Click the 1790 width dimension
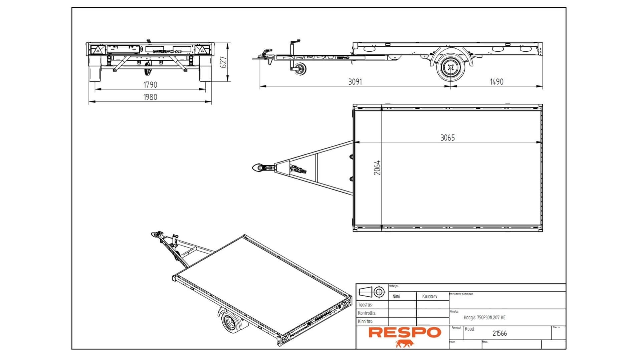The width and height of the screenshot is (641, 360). pyautogui.click(x=150, y=85)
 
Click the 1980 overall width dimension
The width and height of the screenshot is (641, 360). pyautogui.click(x=150, y=97)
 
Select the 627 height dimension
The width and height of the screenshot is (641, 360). pyautogui.click(x=224, y=62)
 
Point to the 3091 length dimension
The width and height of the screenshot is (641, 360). pyautogui.click(x=355, y=82)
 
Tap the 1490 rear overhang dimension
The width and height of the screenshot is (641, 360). pyautogui.click(x=496, y=82)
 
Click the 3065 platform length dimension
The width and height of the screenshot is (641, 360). pyautogui.click(x=447, y=137)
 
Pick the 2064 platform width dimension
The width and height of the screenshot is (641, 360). pyautogui.click(x=377, y=168)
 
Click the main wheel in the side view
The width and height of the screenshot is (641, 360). pyautogui.click(x=451, y=68)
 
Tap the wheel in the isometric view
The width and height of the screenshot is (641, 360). pyautogui.click(x=229, y=322)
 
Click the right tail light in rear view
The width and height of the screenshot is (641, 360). pyautogui.click(x=202, y=50)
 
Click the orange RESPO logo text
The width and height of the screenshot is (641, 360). pyautogui.click(x=405, y=332)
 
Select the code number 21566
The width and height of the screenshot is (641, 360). pyautogui.click(x=499, y=333)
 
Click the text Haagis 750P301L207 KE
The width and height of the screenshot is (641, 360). pyautogui.click(x=484, y=318)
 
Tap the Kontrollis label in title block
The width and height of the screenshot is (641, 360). pyautogui.click(x=367, y=313)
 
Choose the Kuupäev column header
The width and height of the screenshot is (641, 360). pyautogui.click(x=430, y=296)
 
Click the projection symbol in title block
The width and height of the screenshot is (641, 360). pyautogui.click(x=372, y=292)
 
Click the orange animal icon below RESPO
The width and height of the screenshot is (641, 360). pyautogui.click(x=405, y=344)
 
